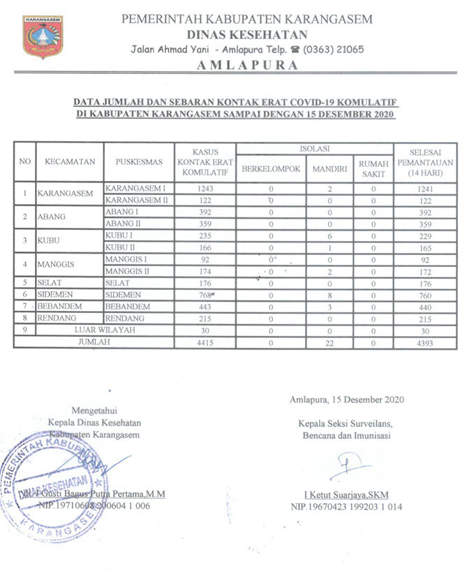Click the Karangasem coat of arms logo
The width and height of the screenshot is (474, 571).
[43, 36]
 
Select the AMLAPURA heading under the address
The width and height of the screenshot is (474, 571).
[247, 65]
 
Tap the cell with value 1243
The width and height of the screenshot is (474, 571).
[205, 189]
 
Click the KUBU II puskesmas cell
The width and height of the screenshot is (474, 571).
[119, 248]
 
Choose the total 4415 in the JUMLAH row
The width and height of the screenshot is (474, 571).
[205, 343]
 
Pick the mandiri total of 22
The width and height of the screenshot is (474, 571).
[329, 343]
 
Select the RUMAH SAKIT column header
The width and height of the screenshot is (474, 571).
[373, 168]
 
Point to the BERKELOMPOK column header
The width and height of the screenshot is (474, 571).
[271, 168]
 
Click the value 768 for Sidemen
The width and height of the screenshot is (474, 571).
[205, 296]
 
